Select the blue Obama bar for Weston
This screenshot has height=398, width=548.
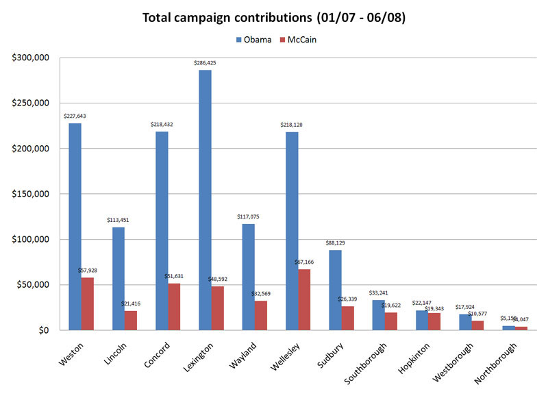tap(75, 227)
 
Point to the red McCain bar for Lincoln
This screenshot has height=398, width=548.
tap(131, 320)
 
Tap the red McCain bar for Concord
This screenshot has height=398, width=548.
tap(174, 306)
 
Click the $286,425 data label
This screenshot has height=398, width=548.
tap(205, 63)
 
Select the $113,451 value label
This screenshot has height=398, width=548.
tap(118, 220)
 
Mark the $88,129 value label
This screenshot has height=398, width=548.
tap(335, 242)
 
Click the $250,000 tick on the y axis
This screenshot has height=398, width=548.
tap(29, 103)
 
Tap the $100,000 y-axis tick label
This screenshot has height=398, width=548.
tap(29, 239)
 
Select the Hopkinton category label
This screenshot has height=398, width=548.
tap(416, 358)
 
